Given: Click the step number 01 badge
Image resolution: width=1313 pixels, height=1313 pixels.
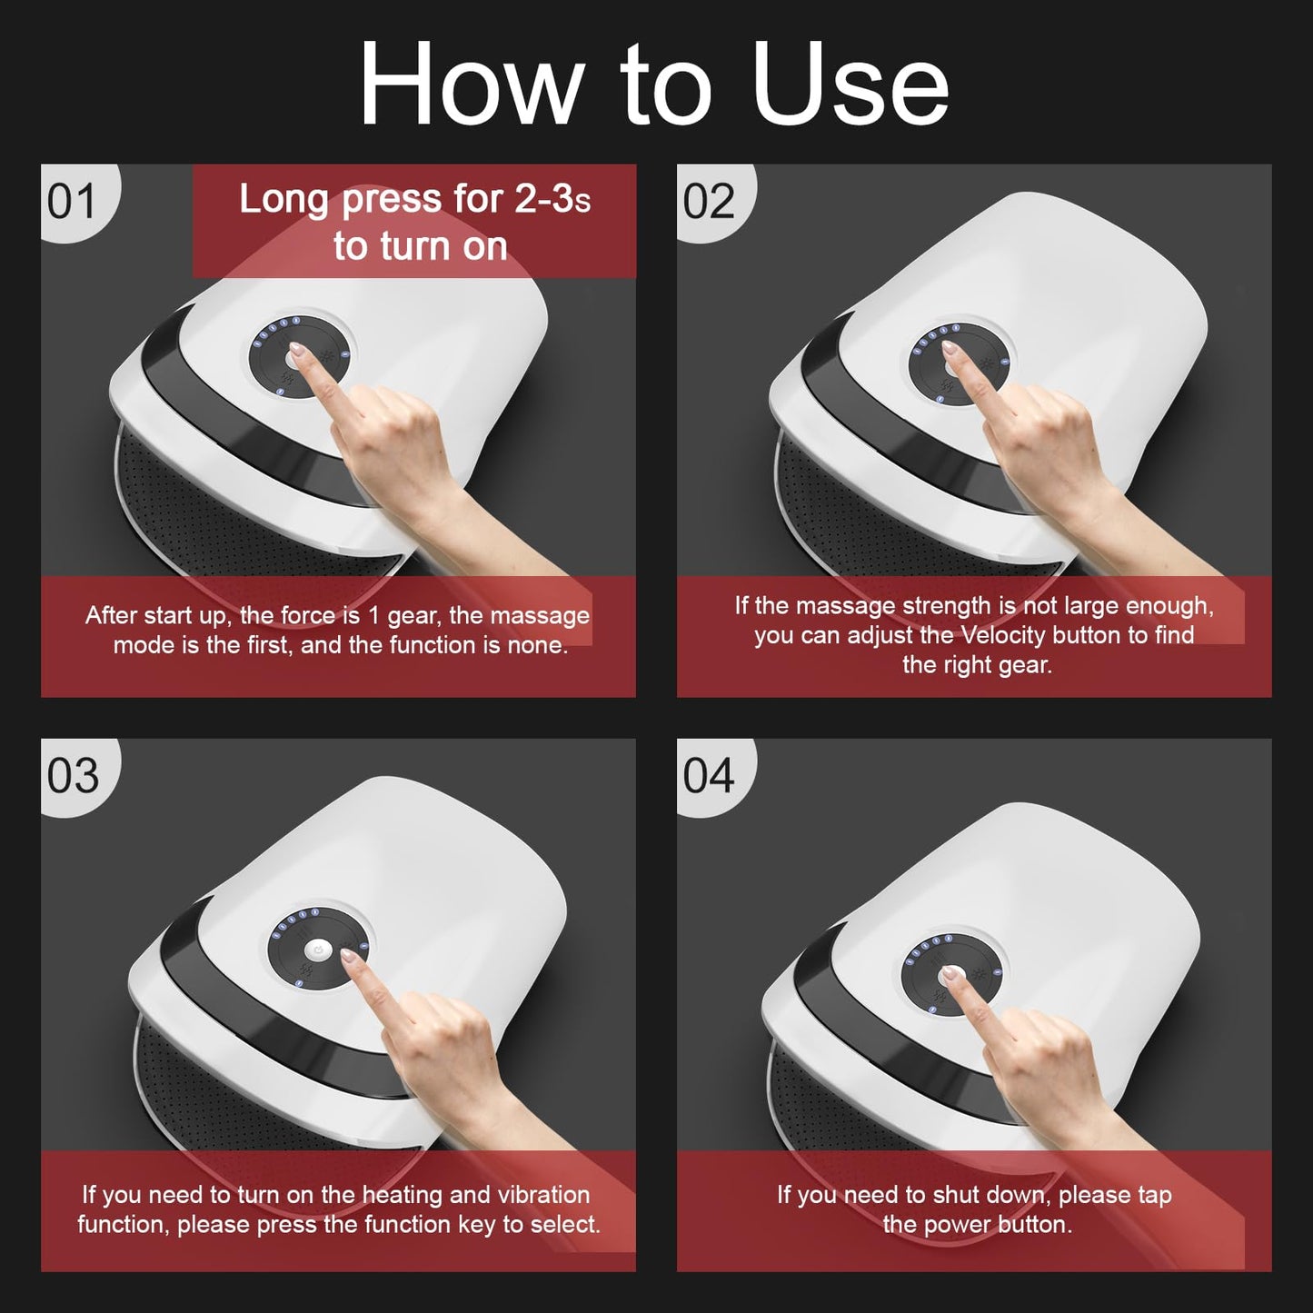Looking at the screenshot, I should tap(72, 201).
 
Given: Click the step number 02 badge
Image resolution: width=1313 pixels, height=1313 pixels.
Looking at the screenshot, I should tap(709, 201).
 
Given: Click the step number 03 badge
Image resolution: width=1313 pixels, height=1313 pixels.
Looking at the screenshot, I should tap(73, 776).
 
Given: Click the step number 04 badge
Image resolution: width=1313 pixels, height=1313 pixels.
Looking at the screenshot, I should tap(709, 776).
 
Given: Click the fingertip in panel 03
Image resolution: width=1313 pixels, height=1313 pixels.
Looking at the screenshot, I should tap(348, 957).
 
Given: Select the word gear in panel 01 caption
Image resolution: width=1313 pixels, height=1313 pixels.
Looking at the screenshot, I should tap(413, 616).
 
